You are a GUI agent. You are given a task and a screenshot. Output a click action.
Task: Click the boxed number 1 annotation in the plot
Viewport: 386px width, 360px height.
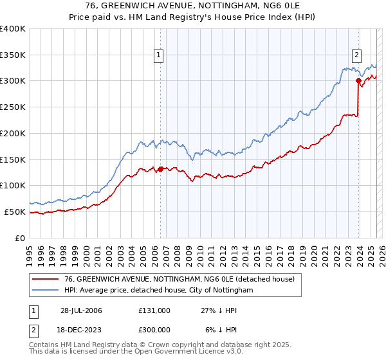pos(158,56)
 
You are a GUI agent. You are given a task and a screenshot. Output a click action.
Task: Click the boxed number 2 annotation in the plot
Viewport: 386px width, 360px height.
pos(356,56)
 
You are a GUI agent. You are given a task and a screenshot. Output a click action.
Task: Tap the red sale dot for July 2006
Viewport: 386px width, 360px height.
pos(160,169)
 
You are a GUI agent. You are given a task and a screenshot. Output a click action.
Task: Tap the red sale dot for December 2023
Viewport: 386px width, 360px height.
pos(358,80)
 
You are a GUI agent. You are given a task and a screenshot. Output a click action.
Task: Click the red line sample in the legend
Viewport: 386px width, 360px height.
pos(45,279)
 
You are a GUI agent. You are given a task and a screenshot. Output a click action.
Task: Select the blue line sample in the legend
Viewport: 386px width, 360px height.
pos(45,291)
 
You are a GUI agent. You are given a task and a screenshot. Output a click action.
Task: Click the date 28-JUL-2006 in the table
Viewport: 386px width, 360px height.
pos(81,310)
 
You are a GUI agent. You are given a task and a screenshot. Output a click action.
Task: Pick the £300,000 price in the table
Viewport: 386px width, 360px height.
pos(154,329)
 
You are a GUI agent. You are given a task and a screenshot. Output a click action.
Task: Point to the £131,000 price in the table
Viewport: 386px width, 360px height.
pos(154,310)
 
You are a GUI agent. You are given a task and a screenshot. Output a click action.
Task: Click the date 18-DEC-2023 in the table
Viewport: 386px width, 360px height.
pos(81,329)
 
